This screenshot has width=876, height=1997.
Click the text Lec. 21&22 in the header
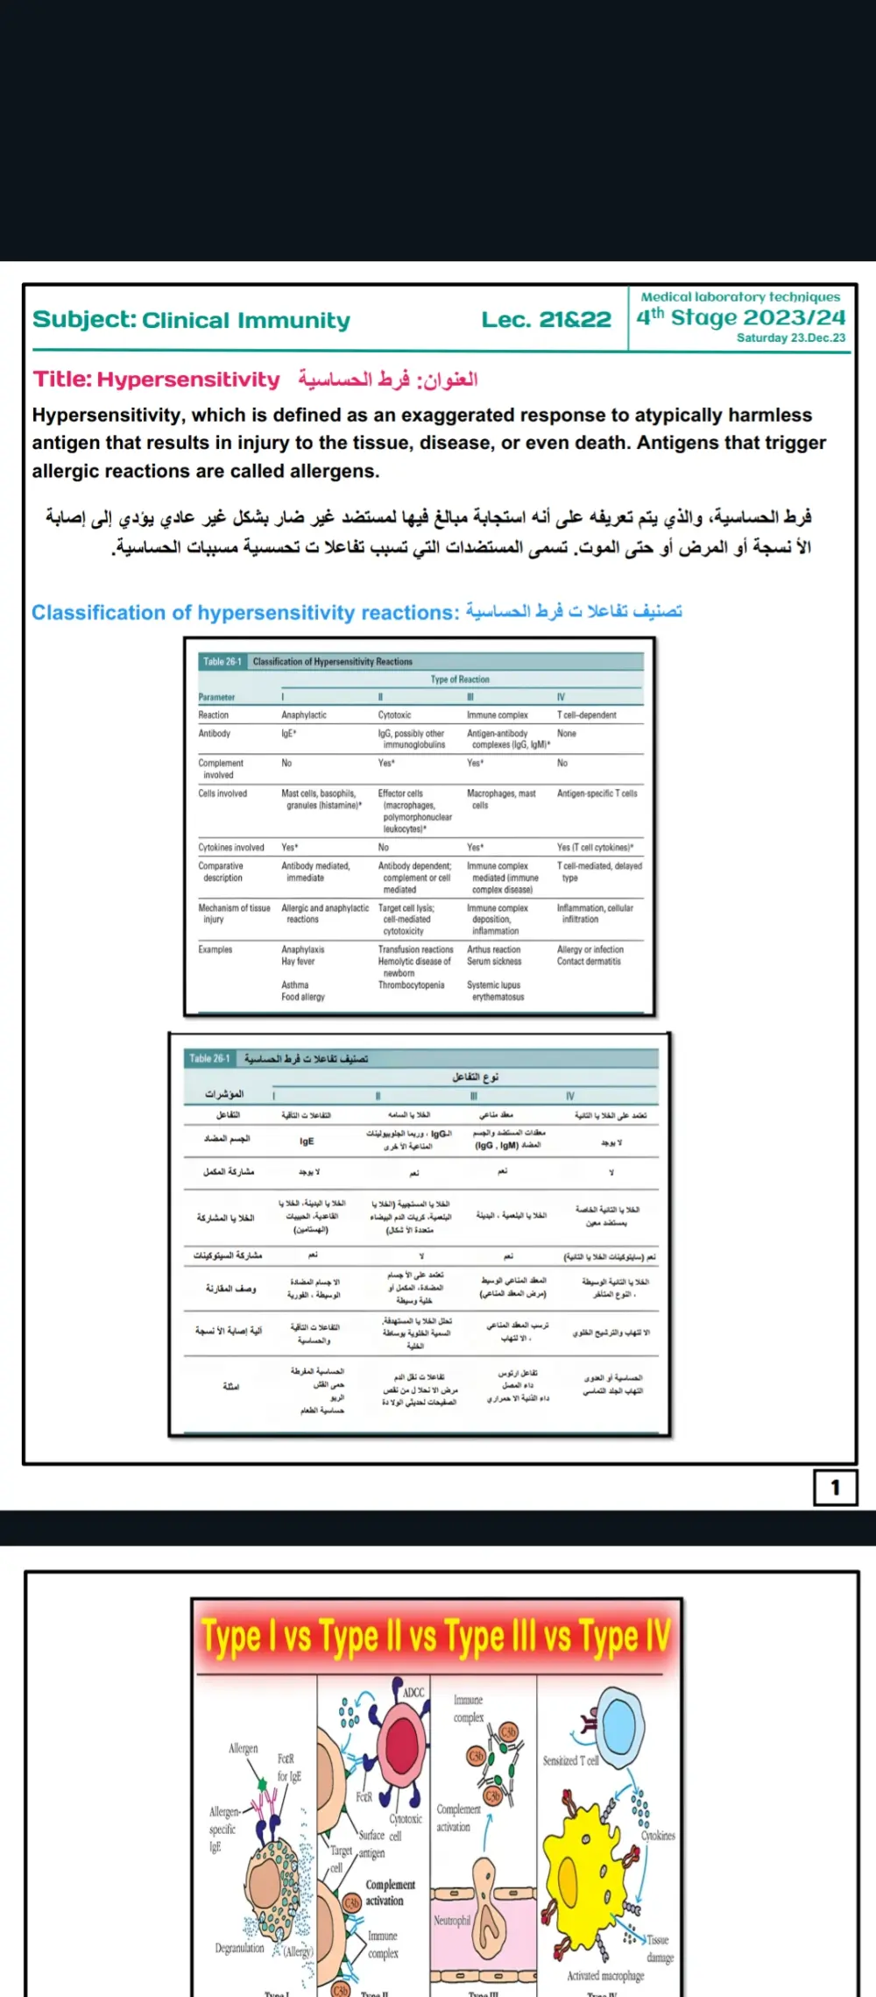pyautogui.click(x=546, y=320)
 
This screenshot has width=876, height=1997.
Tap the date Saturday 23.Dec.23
pyautogui.click(x=790, y=338)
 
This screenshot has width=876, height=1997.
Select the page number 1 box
pyautogui.click(x=835, y=1487)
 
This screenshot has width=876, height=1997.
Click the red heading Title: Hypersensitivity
pyautogui.click(x=157, y=380)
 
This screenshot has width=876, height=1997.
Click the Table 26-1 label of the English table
pyautogui.click(x=222, y=662)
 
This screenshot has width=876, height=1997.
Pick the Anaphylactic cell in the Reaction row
pyautogui.click(x=304, y=715)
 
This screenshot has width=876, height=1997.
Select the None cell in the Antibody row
pyautogui.click(x=567, y=734)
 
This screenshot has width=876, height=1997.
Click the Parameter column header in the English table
pyautogui.click(x=216, y=697)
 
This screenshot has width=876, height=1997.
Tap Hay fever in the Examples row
pyautogui.click(x=298, y=962)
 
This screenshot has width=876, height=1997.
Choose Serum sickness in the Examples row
pyautogui.click(x=494, y=962)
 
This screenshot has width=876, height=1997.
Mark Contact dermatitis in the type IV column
pyautogui.click(x=589, y=962)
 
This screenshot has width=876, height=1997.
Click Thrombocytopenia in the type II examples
pyautogui.click(x=411, y=985)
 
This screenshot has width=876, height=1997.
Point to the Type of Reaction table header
pyautogui.click(x=460, y=679)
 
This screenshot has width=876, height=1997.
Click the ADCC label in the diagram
pyautogui.click(x=413, y=1692)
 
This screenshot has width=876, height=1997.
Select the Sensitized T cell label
pyautogui.click(x=570, y=1760)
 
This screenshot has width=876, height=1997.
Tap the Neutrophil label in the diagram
pyautogui.click(x=452, y=1920)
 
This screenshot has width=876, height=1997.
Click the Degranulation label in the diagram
pyautogui.click(x=239, y=1948)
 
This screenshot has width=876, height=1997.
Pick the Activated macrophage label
pyautogui.click(x=605, y=1976)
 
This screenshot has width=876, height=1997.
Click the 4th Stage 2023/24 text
pyautogui.click(x=740, y=317)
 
